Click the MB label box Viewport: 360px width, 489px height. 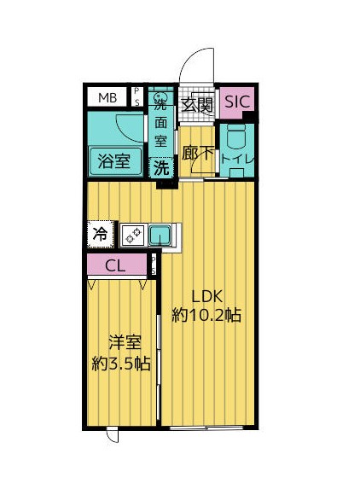pyautogui.click(x=107, y=96)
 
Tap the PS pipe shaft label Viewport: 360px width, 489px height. pyautogui.click(x=136, y=96)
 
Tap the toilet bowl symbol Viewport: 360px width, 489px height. pyautogui.click(x=236, y=137)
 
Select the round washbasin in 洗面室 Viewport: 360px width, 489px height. pyautogui.click(x=159, y=96)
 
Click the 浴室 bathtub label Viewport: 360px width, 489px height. pyautogui.click(x=113, y=160)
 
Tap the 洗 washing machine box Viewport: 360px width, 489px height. pyautogui.click(x=160, y=167)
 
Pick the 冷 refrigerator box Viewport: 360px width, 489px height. pyautogui.click(x=101, y=232)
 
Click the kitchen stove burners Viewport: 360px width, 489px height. pyautogui.click(x=132, y=233)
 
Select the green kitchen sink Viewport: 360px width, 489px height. pyautogui.click(x=160, y=233)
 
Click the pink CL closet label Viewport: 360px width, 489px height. pyautogui.click(x=116, y=265)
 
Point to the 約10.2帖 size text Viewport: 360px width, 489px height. pyautogui.click(x=206, y=315)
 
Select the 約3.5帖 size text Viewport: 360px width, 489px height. pyautogui.click(x=121, y=364)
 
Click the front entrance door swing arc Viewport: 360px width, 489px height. pyautogui.click(x=195, y=67)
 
